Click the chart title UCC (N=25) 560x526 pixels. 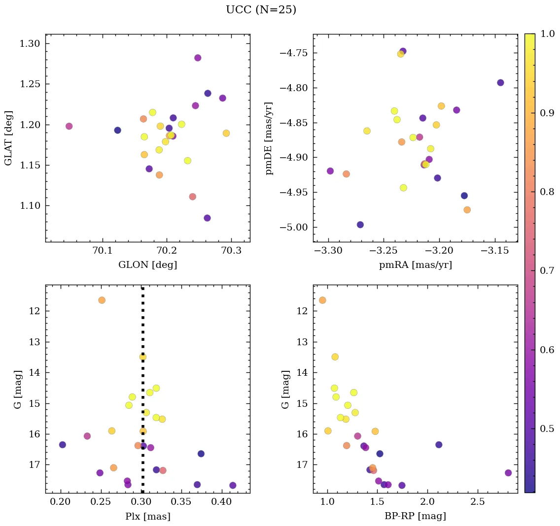[261, 10]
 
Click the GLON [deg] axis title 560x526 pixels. [147, 265]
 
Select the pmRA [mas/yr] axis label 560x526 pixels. [415, 265]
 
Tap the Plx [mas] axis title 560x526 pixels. [147, 516]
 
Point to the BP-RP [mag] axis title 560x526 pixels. [415, 516]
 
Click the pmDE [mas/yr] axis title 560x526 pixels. [269, 138]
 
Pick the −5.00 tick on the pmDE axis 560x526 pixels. [294, 228]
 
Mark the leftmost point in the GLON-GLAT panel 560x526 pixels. [69, 126]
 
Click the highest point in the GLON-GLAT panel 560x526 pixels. [198, 58]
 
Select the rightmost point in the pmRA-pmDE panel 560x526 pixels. [500, 83]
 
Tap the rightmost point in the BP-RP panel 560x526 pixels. [508, 473]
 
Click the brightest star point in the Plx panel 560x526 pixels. [102, 300]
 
